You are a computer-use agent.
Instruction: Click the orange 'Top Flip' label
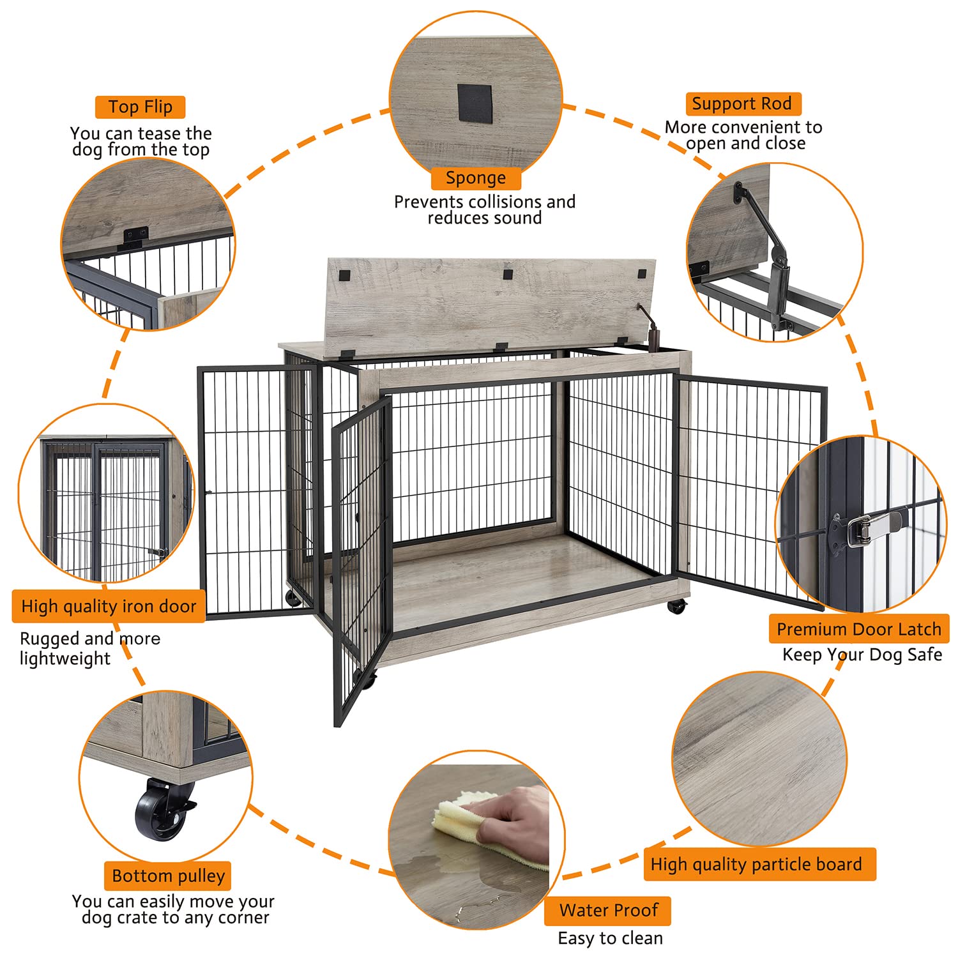click(140, 107)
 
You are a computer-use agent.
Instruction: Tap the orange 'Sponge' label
click(475, 178)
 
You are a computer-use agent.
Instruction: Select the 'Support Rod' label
click(742, 103)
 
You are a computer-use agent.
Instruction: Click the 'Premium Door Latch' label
click(858, 629)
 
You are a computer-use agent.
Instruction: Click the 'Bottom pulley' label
click(168, 876)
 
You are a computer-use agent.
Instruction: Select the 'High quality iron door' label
click(109, 606)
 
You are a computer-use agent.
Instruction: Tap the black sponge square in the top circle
click(475, 103)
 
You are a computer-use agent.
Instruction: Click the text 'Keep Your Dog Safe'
click(862, 655)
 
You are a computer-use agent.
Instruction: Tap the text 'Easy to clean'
click(610, 938)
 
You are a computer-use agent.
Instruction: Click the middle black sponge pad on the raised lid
click(508, 275)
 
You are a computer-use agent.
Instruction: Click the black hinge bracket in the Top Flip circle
click(136, 236)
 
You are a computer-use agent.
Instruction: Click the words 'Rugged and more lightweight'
click(89, 648)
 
